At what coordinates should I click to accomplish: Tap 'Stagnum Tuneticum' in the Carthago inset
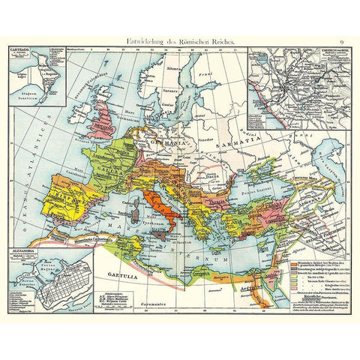pos(30,95)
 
